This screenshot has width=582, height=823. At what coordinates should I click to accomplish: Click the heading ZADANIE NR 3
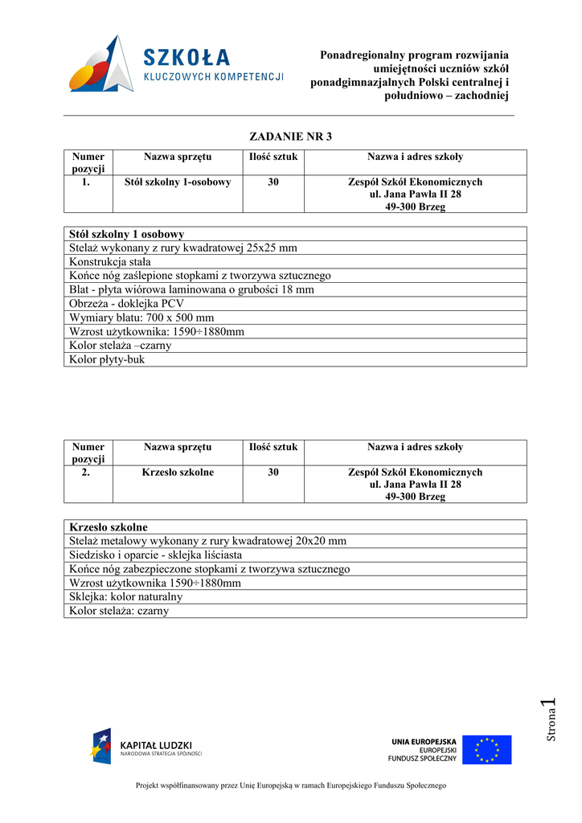click(x=290, y=136)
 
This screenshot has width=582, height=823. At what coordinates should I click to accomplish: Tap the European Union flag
click(x=486, y=750)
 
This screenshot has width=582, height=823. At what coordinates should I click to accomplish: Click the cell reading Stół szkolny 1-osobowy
click(x=178, y=182)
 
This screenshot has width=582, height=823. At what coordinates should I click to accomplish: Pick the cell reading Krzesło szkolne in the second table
click(x=178, y=473)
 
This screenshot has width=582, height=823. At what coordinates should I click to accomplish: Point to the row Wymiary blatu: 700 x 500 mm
click(x=142, y=317)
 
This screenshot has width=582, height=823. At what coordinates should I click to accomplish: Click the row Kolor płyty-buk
click(x=108, y=359)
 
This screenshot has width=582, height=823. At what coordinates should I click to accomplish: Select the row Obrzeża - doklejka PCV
click(x=127, y=304)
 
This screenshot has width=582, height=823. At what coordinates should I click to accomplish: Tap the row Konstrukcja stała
click(x=110, y=262)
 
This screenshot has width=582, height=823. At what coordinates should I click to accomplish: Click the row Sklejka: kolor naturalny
click(x=126, y=597)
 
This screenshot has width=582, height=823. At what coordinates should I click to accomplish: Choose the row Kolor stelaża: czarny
click(x=119, y=611)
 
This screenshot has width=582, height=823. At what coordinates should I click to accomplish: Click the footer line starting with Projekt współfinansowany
click(x=290, y=785)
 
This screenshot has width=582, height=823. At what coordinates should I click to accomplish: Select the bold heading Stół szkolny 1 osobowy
click(x=127, y=234)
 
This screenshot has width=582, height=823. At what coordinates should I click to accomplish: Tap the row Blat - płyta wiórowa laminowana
click(x=192, y=290)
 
